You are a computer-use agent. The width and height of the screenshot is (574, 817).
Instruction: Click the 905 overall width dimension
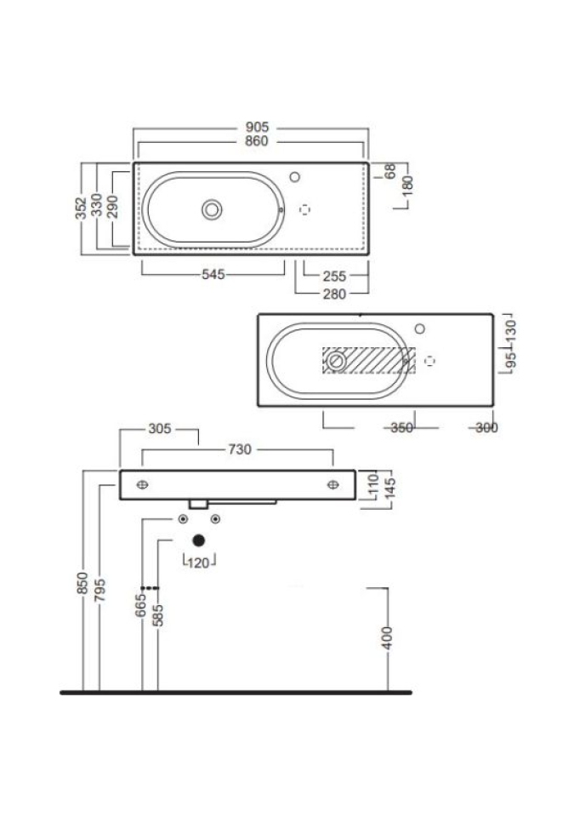(x=258, y=127)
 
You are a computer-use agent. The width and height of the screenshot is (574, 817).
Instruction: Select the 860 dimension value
(x=257, y=141)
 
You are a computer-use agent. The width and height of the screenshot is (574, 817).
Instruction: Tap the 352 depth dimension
(x=82, y=209)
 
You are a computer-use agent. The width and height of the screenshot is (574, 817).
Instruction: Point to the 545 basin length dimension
(x=213, y=275)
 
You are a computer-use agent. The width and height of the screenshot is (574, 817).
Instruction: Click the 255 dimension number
(x=334, y=276)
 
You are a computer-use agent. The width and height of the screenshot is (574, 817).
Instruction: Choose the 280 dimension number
(x=334, y=294)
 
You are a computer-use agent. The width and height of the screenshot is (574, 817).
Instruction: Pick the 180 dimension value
(x=408, y=186)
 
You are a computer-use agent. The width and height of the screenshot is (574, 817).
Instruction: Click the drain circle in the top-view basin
(x=212, y=210)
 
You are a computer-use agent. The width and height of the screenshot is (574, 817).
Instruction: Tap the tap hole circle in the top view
(x=295, y=177)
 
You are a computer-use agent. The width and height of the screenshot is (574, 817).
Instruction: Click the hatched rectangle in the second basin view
(x=369, y=361)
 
